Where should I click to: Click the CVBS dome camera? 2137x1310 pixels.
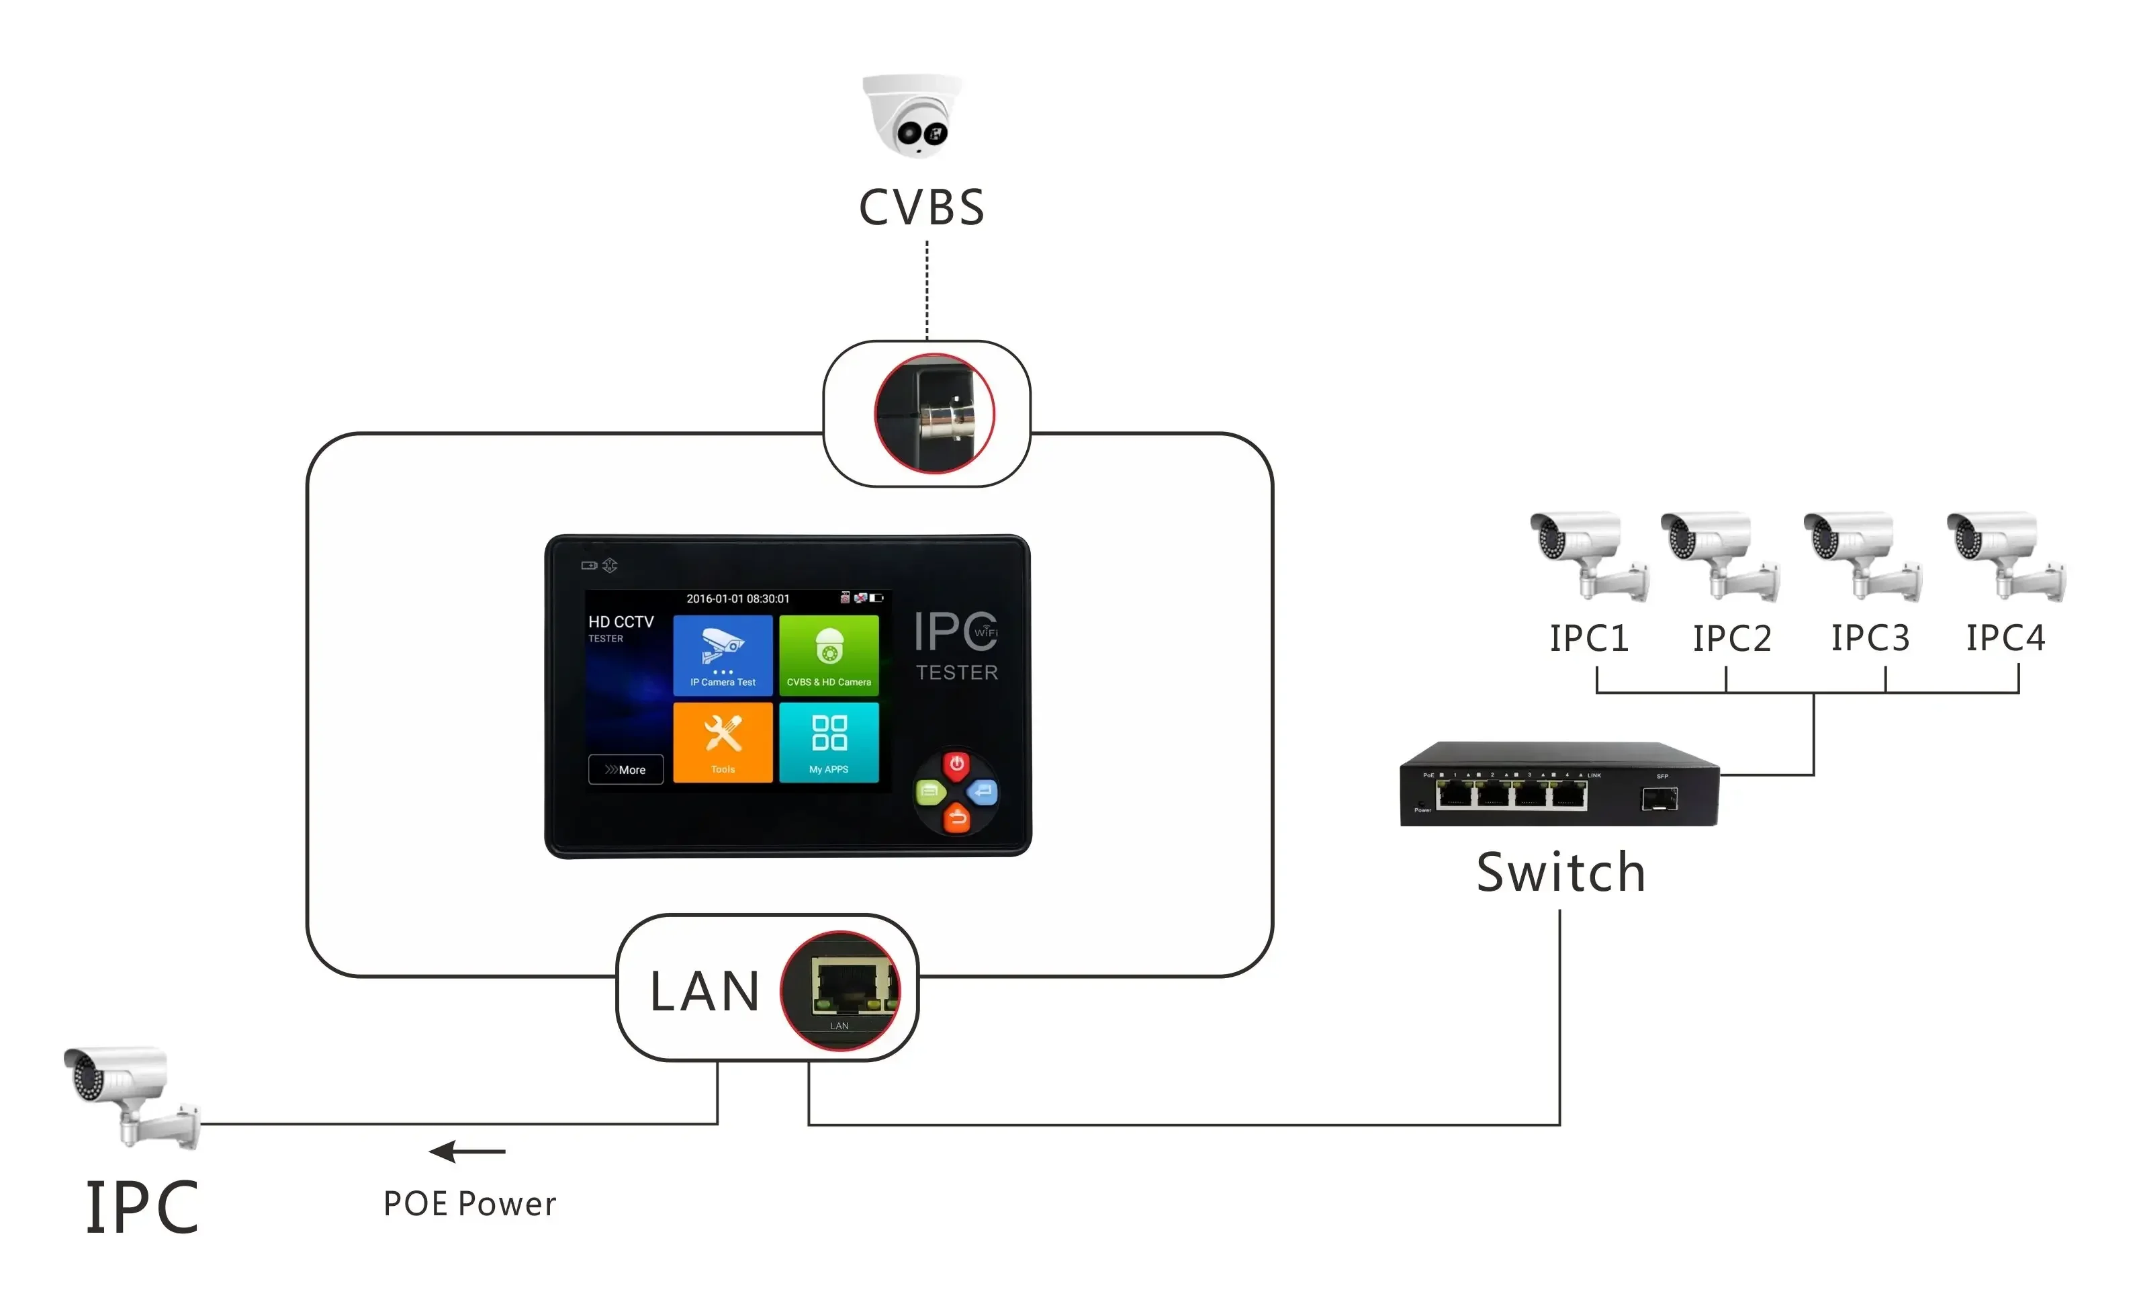[x=913, y=116]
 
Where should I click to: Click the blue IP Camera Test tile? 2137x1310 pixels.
[x=723, y=655]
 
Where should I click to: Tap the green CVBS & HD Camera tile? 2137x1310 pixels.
[x=828, y=655]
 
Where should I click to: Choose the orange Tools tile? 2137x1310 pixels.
[x=723, y=742]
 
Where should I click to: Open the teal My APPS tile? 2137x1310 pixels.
[x=828, y=742]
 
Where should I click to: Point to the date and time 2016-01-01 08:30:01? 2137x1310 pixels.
[x=737, y=599]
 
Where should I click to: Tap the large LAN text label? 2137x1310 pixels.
[x=704, y=991]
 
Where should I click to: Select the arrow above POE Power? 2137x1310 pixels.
[x=467, y=1151]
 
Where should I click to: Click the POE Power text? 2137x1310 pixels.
[x=469, y=1203]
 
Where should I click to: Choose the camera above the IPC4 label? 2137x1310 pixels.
[x=2005, y=555]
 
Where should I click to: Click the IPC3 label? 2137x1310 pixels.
[x=1870, y=638]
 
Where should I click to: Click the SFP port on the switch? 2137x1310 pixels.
[x=1659, y=798]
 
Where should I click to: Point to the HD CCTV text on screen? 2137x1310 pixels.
[x=621, y=622]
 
